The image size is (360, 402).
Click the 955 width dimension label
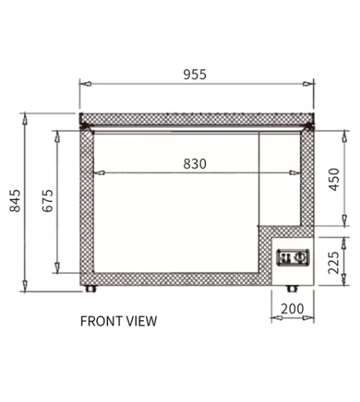pos(194,74)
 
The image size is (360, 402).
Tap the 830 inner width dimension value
pos(194,164)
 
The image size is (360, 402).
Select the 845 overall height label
pos(15,201)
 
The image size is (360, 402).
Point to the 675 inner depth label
pos(48,201)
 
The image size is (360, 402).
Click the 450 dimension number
pos(334,179)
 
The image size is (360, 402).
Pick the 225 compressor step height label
pos(334,262)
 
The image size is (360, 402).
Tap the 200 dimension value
pos(292,309)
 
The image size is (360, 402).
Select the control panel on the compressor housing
pos(293,257)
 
